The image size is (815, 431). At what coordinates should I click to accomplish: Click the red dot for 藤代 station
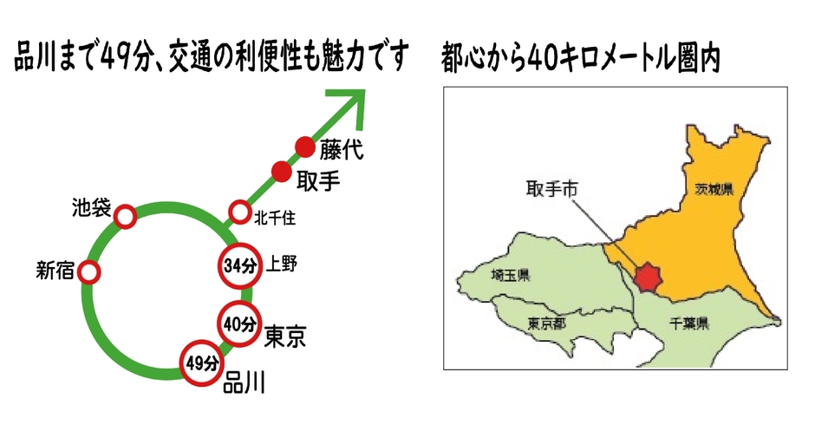(304, 147)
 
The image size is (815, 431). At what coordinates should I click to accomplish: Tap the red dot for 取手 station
(280, 171)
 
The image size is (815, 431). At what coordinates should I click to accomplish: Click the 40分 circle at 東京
(238, 324)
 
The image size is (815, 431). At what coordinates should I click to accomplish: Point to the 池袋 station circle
(126, 216)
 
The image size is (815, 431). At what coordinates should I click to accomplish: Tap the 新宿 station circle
(88, 272)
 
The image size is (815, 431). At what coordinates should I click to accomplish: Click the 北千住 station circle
(238, 212)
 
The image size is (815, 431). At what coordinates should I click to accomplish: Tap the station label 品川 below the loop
(244, 382)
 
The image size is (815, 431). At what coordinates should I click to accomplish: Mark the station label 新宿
(54, 271)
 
